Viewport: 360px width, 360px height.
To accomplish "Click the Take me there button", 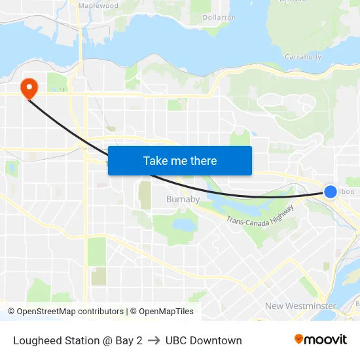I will coord(180,160).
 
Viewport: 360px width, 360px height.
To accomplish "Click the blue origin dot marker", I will coord(331,191).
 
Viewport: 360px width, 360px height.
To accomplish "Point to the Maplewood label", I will coord(98,5).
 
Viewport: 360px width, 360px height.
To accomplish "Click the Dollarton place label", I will coord(219,17).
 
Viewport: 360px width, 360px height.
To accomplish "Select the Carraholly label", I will coord(303,57).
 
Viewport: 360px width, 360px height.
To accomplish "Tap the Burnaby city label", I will coord(183,199).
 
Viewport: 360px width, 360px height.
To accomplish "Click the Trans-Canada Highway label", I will coord(261,213).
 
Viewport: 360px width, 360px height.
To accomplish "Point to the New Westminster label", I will coord(300,306).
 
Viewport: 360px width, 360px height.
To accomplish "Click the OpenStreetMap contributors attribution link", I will coord(70,312).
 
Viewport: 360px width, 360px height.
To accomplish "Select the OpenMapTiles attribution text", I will coord(162,312).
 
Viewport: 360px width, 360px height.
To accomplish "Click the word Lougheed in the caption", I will coord(36,340).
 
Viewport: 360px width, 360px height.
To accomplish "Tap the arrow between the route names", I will coord(154,340).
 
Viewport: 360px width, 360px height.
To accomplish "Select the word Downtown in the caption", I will coord(217,340).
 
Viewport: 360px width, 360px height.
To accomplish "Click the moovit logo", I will coord(321,339).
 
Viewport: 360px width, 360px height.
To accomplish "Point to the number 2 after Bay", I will coord(139,340).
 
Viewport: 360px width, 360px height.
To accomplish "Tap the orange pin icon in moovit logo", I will coord(299,339).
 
